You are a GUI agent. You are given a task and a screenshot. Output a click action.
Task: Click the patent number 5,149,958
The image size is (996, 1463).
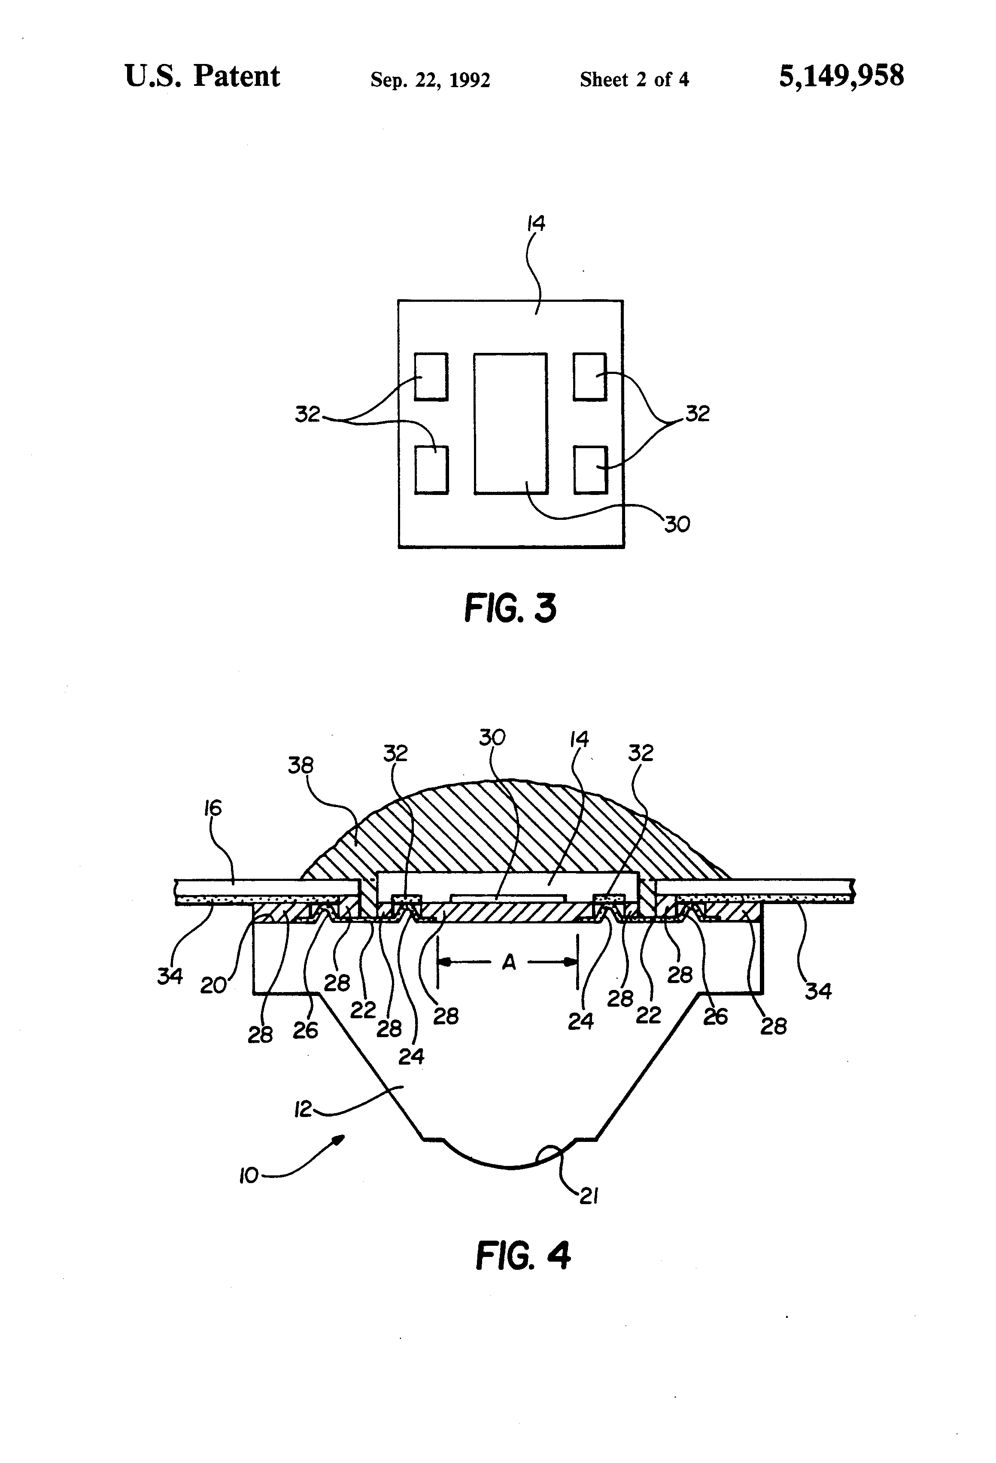click(x=841, y=76)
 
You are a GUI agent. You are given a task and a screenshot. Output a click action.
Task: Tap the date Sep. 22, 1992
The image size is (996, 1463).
click(x=430, y=80)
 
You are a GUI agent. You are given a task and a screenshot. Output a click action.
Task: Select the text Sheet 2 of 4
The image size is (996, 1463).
click(x=634, y=79)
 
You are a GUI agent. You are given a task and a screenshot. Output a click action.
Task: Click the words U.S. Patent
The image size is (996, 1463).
click(x=202, y=76)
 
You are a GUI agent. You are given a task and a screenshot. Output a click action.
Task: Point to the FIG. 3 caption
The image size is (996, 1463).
click(x=510, y=609)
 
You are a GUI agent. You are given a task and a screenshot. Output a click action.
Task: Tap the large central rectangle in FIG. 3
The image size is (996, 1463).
click(x=510, y=423)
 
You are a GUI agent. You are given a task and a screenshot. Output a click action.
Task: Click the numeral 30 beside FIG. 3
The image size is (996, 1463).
click(x=677, y=524)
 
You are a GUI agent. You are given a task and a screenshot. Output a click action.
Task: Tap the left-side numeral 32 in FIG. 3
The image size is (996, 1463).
click(x=308, y=414)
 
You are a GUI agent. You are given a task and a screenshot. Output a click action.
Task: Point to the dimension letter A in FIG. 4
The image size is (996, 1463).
click(x=509, y=962)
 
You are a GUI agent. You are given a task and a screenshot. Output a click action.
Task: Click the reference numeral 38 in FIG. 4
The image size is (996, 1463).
click(x=301, y=765)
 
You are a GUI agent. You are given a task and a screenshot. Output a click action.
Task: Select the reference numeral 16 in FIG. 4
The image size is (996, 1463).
click(x=213, y=807)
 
